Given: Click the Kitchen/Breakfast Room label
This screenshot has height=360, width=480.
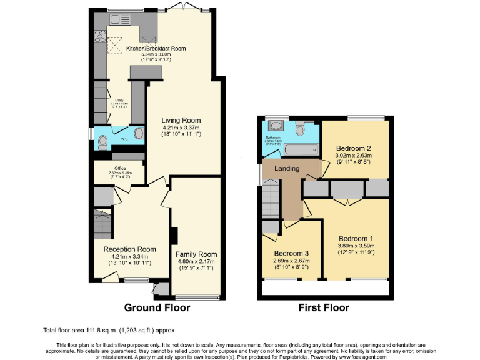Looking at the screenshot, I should click(156, 49).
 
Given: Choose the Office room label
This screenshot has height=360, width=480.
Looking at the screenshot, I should click(120, 168).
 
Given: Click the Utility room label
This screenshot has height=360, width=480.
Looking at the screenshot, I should click(119, 100).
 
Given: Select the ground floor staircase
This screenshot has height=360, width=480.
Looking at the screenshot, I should click(102, 224).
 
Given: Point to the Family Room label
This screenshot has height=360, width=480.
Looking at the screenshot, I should click(196, 254).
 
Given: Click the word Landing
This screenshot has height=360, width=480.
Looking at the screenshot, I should click(287, 168).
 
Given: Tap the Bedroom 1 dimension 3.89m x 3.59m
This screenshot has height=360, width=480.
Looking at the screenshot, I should click(356, 246).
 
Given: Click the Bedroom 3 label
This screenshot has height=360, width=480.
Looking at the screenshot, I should click(291, 253).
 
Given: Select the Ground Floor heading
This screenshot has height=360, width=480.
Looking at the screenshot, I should click(157, 307).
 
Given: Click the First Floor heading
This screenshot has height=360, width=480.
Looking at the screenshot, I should click(324, 307).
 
